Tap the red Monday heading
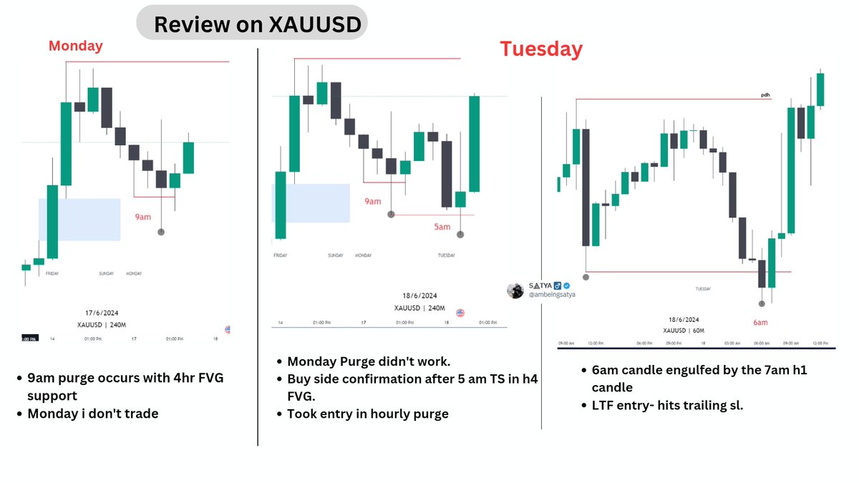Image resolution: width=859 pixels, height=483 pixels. [x=75, y=46]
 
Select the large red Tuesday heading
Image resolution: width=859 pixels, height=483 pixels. [x=540, y=49]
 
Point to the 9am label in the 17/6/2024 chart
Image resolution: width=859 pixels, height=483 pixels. [x=143, y=216]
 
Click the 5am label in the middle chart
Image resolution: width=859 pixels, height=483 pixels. [x=442, y=227]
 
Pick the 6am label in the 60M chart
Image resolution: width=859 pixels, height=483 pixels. [x=760, y=322]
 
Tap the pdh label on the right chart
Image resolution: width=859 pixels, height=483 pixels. [x=765, y=94]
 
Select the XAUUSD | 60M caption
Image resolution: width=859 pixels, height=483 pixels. [x=683, y=331]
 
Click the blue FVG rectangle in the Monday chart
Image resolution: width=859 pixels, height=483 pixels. [x=79, y=219]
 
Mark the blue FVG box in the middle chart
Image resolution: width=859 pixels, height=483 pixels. [x=311, y=203]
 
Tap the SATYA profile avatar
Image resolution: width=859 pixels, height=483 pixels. [x=515, y=290]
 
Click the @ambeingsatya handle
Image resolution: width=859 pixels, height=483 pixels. [x=551, y=294]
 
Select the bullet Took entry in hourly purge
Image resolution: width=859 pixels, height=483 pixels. [x=367, y=413]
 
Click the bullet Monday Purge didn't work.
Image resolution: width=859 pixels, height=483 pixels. [x=369, y=361]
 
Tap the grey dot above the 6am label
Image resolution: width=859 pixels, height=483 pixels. [x=762, y=303]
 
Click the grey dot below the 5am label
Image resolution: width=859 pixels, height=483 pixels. [x=460, y=234]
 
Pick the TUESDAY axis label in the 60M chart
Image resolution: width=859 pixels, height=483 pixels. [x=703, y=288]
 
